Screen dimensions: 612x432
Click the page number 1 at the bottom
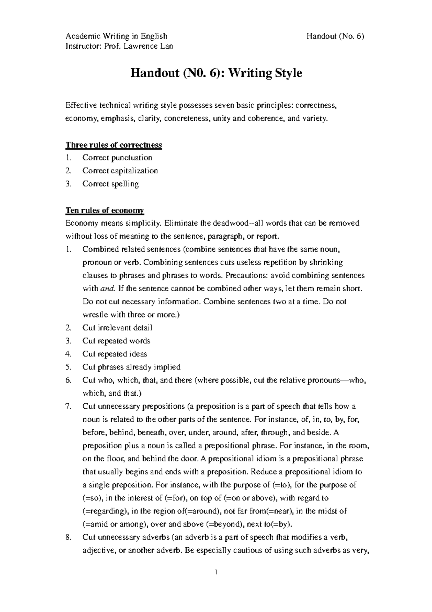click(x=216, y=572)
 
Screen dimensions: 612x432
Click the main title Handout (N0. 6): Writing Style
click(x=216, y=73)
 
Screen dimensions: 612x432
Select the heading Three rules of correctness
click(x=113, y=145)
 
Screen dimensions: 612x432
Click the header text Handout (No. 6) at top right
click(x=336, y=36)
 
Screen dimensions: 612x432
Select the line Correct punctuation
click(x=117, y=158)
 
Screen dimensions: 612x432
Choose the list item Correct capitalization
click(x=120, y=171)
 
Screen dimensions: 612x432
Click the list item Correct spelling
click(x=111, y=184)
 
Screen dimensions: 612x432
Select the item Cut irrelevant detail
click(x=117, y=328)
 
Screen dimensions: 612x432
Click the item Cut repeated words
click(x=116, y=341)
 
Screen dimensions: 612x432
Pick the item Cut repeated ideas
click(x=114, y=354)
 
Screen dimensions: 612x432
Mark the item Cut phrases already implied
click(x=131, y=367)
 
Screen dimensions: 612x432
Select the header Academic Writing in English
click(x=116, y=36)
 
